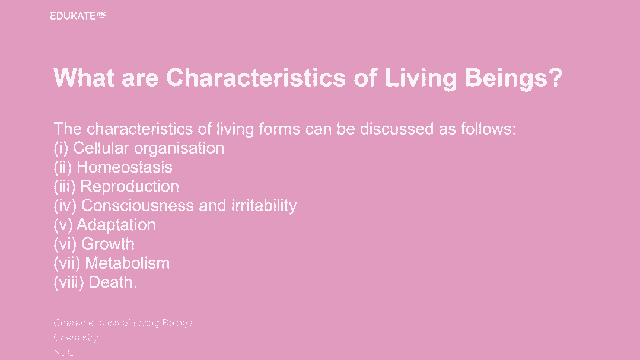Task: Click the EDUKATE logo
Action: (x=78, y=16)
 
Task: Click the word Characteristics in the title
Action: (x=256, y=78)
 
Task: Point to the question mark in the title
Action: (x=556, y=77)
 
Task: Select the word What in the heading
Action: (x=84, y=78)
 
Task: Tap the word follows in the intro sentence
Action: (x=488, y=129)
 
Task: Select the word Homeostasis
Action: (x=125, y=167)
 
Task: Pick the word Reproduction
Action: (x=130, y=187)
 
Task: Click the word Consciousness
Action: (x=138, y=206)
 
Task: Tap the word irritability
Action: (x=264, y=206)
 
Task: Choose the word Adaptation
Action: (x=116, y=225)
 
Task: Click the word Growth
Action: (x=108, y=244)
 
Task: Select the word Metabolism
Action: (x=128, y=263)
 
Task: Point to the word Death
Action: (x=113, y=282)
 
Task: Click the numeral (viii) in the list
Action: (x=69, y=283)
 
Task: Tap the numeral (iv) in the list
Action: (x=65, y=206)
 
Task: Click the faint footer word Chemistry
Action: (x=76, y=338)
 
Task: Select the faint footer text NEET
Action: (x=66, y=352)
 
